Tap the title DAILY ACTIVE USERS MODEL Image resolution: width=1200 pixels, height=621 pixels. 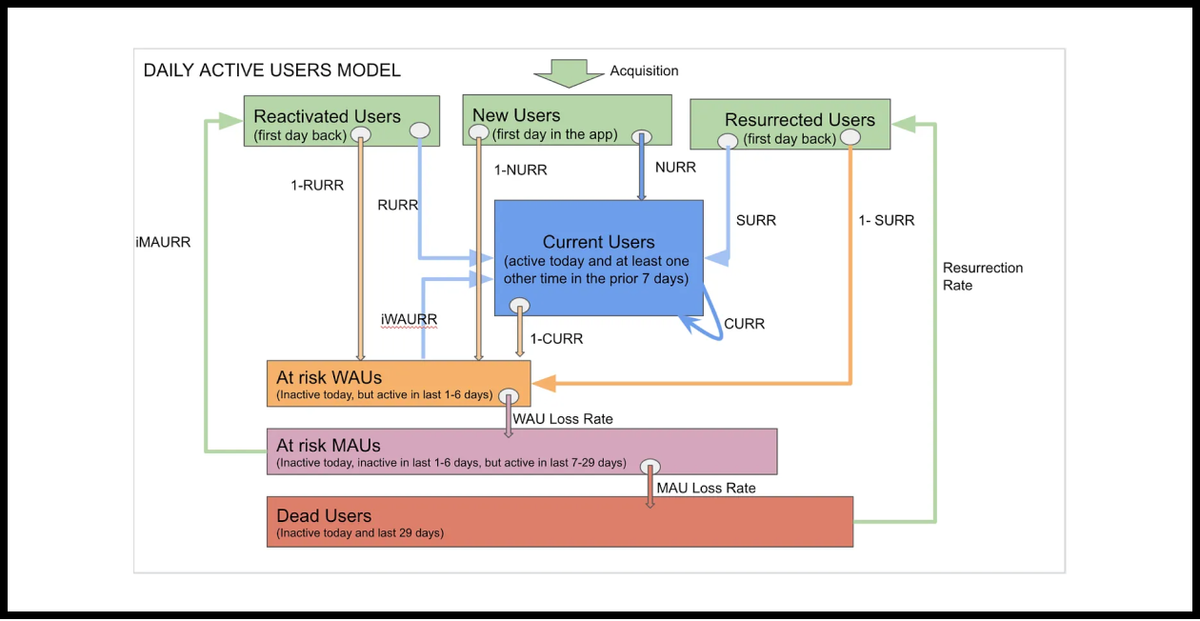(271, 70)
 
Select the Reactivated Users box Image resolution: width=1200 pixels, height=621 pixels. (341, 120)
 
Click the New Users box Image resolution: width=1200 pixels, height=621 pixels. (566, 119)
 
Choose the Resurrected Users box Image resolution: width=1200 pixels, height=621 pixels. (790, 124)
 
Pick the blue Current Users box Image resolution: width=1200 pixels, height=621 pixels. (598, 257)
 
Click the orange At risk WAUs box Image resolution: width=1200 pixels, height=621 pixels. (398, 384)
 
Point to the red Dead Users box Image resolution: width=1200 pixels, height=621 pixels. (559, 521)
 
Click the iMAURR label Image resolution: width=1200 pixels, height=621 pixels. (163, 243)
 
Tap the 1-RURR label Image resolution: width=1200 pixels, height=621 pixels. (317, 186)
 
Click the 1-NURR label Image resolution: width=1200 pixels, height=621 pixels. (520, 170)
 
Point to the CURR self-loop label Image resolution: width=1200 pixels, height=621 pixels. (744, 324)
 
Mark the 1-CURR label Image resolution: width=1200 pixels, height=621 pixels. (556, 339)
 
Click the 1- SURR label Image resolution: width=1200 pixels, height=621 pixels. (886, 221)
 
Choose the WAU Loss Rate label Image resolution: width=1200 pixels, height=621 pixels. (563, 419)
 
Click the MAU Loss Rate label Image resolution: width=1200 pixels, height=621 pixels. (706, 488)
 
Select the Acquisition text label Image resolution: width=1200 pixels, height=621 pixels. (644, 70)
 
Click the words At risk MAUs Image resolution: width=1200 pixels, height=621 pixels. (329, 446)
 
